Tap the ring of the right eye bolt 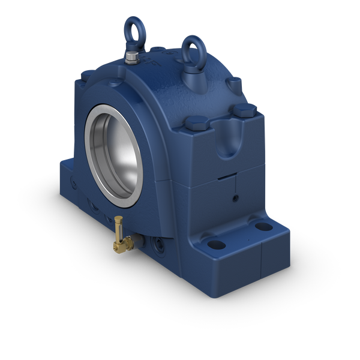coord(193,45)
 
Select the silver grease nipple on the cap coord(131,58)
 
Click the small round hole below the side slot coord(236,197)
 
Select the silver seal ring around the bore coord(92,150)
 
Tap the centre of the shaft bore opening coord(118,153)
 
